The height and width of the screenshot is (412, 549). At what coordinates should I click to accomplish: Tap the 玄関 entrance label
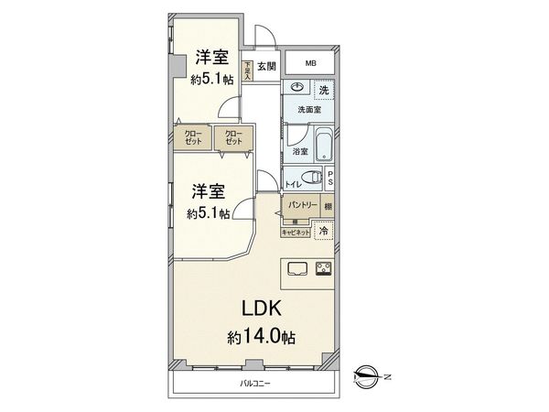266,66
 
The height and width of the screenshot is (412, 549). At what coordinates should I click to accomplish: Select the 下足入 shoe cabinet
247,71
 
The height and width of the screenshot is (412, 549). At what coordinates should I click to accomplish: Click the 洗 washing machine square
323,90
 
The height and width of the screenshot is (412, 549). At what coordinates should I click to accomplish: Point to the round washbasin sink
296,88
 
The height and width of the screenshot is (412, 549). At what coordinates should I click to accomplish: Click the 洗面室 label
307,109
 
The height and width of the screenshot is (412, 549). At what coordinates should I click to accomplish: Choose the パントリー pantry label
302,206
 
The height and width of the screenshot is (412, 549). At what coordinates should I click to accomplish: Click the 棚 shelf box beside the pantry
328,206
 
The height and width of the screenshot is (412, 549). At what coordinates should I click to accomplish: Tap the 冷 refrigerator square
323,232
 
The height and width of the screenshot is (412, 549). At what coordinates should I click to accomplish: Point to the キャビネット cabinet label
296,233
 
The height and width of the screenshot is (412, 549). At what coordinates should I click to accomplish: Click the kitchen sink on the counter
297,268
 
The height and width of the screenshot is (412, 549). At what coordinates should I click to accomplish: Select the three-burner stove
324,268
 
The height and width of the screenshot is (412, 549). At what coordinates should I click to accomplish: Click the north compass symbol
369,373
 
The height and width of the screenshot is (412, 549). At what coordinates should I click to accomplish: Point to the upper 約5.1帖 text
212,80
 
